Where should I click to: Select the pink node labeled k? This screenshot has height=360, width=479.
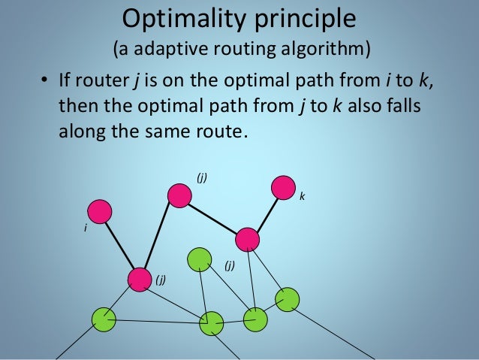coord(282,187)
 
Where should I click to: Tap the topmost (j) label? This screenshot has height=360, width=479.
coord(202,177)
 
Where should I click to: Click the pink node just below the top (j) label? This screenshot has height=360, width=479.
coord(179,195)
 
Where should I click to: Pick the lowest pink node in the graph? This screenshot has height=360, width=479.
coord(139,279)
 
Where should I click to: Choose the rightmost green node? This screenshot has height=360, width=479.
coord(287,300)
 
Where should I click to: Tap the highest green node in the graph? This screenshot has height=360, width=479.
coord(200,259)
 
